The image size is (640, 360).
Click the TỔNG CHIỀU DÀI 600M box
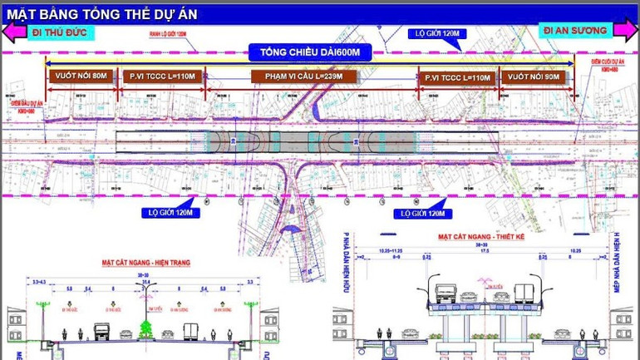[x=309, y=52]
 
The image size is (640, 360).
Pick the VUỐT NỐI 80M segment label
[x=81, y=76]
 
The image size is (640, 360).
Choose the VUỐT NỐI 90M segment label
[x=535, y=76]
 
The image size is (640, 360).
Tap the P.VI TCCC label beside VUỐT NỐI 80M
[x=161, y=76]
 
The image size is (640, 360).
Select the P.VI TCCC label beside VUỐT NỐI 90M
[x=458, y=76]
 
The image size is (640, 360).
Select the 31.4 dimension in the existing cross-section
[x=146, y=282]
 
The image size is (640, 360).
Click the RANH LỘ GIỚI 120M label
[x=166, y=34]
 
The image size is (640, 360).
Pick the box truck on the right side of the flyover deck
[x=524, y=293]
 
